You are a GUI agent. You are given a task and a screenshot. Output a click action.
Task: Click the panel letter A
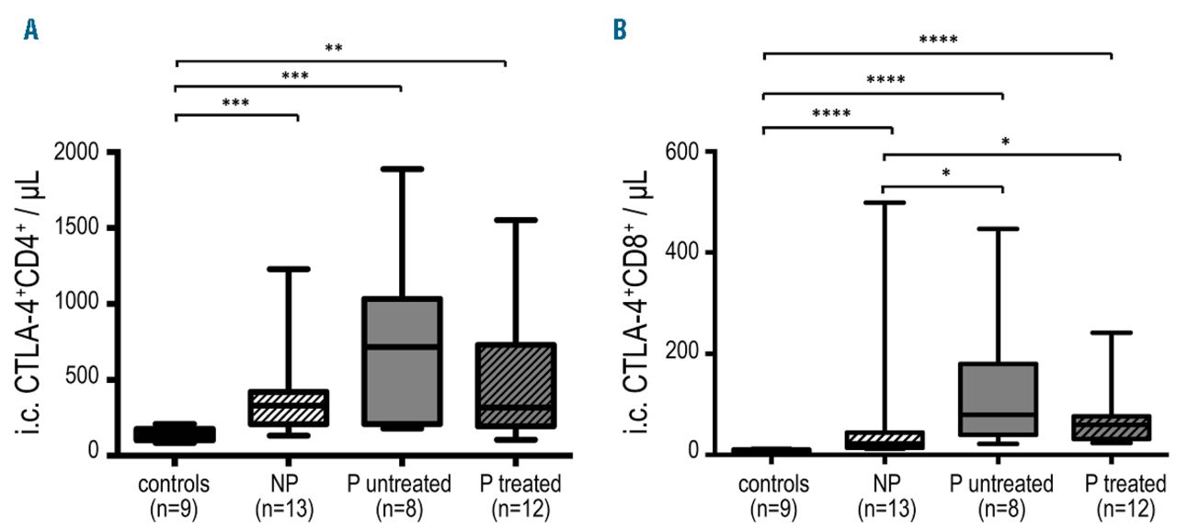[x=32, y=31]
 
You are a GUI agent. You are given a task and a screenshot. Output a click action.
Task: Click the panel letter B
[x=620, y=31]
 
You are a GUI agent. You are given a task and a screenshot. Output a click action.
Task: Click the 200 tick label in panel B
[x=682, y=353]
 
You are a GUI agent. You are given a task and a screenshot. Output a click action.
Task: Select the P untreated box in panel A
[x=401, y=361]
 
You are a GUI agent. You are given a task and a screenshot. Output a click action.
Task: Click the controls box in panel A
[x=175, y=434]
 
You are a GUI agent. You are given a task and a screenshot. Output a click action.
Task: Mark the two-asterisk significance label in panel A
[x=334, y=49]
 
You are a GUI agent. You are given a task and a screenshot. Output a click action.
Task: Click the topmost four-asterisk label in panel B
[x=938, y=40]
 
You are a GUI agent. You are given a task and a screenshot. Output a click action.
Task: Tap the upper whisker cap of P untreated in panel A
[x=401, y=169]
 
